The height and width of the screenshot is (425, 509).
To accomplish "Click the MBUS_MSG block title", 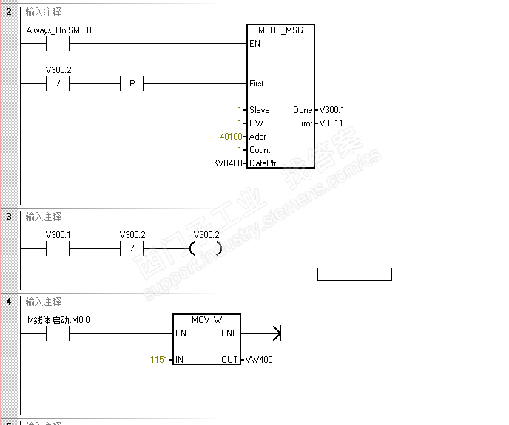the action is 280,30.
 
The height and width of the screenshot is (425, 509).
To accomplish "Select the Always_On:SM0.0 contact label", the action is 58,30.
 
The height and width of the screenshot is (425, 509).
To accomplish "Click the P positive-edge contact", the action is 132,84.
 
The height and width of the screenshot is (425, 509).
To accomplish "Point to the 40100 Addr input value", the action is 231,137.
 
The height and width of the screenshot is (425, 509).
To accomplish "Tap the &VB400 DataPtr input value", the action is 228,163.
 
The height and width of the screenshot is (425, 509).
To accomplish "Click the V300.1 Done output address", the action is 331,110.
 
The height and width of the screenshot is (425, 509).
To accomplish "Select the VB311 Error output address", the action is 331,123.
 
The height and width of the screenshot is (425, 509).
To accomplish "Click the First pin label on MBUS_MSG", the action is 257,84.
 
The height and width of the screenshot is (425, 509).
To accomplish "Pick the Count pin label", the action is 260,150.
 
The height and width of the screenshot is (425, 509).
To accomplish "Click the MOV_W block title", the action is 207,320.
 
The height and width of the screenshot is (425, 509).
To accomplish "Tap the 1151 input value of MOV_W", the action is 159,360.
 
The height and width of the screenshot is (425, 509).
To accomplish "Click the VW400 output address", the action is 259,360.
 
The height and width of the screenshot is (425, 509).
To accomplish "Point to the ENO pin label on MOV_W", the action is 229,333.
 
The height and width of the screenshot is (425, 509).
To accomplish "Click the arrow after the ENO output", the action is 261,333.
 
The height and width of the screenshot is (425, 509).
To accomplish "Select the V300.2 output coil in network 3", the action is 206,248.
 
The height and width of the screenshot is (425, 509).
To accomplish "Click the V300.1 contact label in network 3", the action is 58,235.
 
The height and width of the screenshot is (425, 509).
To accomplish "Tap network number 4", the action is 9,302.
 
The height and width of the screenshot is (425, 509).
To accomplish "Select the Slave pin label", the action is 260,110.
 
